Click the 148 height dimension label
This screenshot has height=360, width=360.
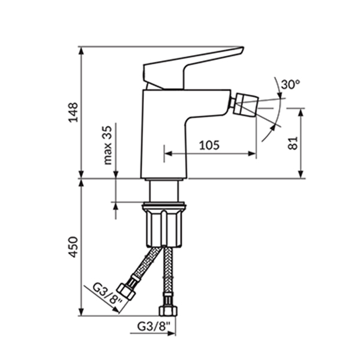click(74, 113)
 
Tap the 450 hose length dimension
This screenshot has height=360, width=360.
click(74, 247)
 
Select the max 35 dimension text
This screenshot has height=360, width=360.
click(107, 145)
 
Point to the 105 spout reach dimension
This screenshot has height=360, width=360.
click(209, 145)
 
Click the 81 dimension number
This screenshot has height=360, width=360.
click(293, 143)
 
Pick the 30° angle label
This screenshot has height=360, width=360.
click(290, 84)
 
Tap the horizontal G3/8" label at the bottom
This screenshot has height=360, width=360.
click(154, 326)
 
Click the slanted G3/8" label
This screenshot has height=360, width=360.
click(107, 294)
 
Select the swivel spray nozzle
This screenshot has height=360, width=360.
click(245, 104)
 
